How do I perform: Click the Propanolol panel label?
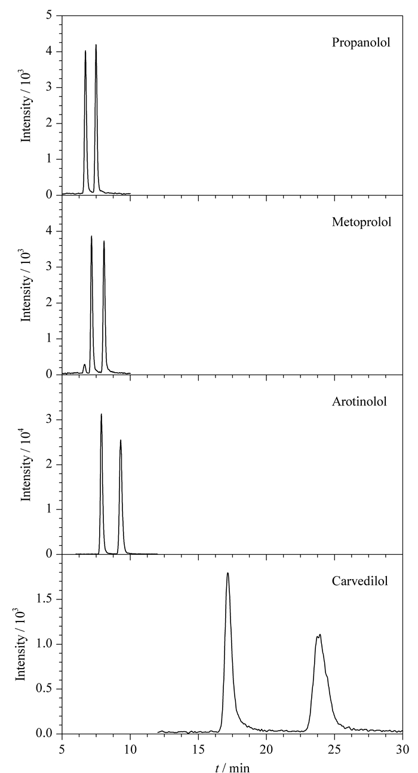(361, 43)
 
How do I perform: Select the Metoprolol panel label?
(362, 222)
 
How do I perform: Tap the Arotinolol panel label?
(359, 401)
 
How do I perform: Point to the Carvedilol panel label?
(360, 581)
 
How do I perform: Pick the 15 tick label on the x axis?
(198, 749)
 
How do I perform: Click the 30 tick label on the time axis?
(402, 749)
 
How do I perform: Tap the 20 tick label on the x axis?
(266, 749)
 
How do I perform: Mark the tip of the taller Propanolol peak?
(96, 45)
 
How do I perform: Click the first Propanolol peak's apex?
(85, 51)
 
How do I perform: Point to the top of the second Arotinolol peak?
(121, 440)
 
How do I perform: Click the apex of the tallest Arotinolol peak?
(102, 414)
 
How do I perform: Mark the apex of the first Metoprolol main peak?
(91, 236)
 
